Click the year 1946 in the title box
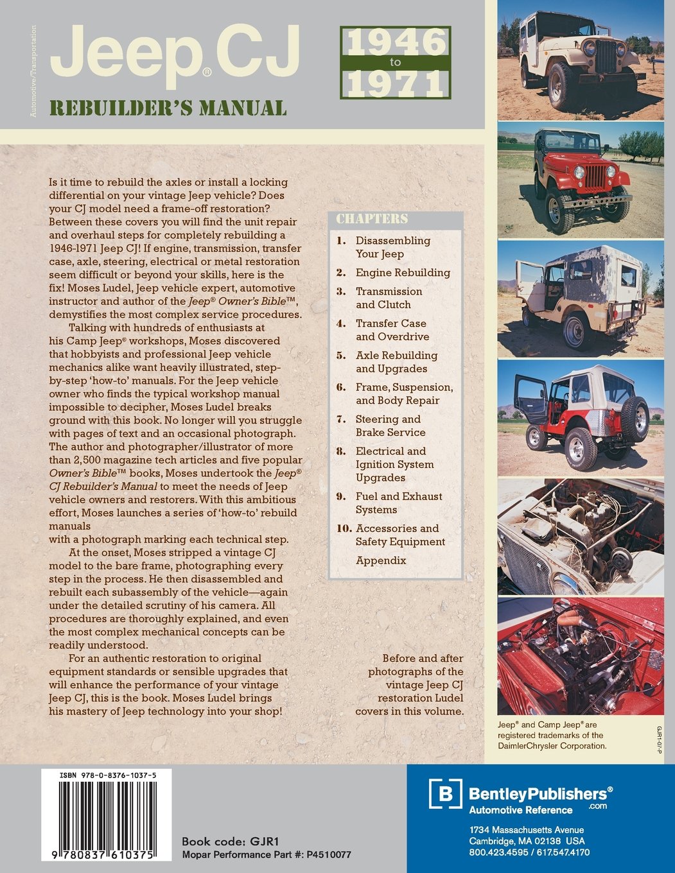click(x=396, y=42)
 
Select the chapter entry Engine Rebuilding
click(x=403, y=273)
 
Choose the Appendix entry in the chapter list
click(x=381, y=560)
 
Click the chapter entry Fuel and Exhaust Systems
click(x=398, y=503)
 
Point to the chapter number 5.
click(x=342, y=356)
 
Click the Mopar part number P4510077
click(x=329, y=854)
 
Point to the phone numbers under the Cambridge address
click(x=529, y=852)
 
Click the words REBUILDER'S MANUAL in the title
click(x=168, y=108)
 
